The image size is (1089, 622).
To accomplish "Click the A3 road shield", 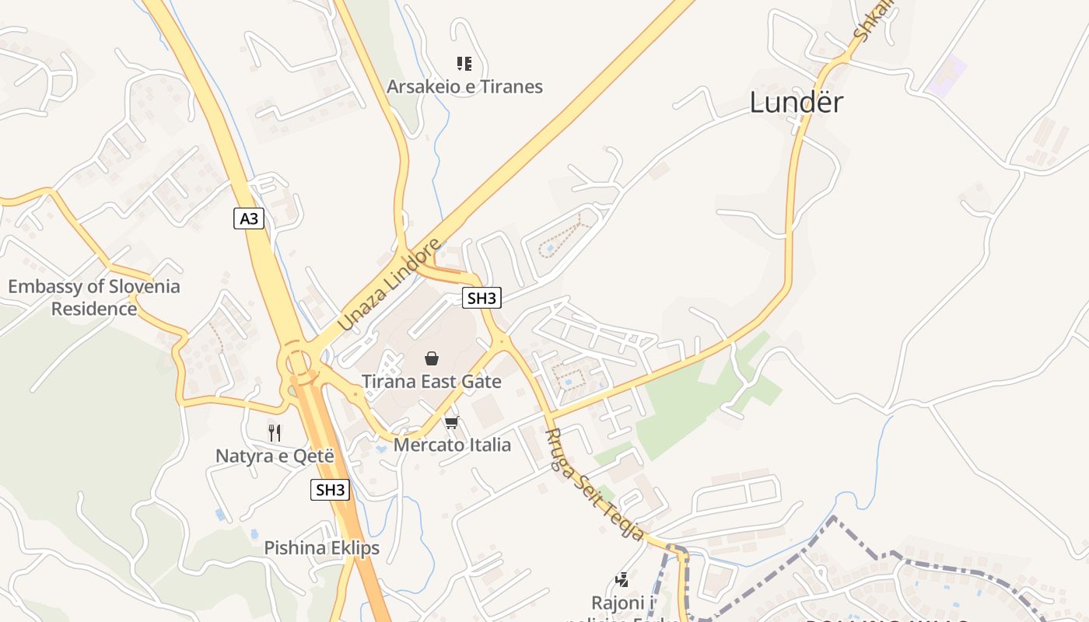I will click(x=249, y=218).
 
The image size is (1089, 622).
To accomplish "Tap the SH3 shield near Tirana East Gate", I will click(x=482, y=298).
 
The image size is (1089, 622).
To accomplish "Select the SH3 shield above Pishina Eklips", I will click(x=330, y=490).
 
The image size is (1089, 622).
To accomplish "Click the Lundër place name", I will click(x=797, y=103).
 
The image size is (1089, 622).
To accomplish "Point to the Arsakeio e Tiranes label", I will click(x=464, y=86).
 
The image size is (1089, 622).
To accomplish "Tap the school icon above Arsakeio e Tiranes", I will click(x=464, y=64).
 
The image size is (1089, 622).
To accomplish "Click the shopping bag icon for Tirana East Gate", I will click(x=432, y=358).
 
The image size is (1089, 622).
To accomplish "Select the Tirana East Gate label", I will click(x=432, y=382).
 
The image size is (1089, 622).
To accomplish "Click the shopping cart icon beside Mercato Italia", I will click(x=451, y=423).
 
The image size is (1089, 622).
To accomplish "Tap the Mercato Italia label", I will click(x=452, y=445).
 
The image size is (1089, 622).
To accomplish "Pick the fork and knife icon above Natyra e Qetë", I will click(x=275, y=432).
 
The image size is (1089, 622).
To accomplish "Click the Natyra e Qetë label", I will click(x=275, y=456).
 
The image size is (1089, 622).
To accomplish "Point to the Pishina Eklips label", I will click(x=321, y=547).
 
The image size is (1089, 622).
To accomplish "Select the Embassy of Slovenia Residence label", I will click(x=94, y=297).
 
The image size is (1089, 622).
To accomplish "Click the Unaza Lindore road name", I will click(x=390, y=285).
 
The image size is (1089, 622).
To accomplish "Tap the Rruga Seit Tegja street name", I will click(x=595, y=485).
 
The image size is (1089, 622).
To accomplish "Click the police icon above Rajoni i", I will click(x=622, y=579).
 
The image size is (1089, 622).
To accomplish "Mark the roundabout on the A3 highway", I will click(x=297, y=362).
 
